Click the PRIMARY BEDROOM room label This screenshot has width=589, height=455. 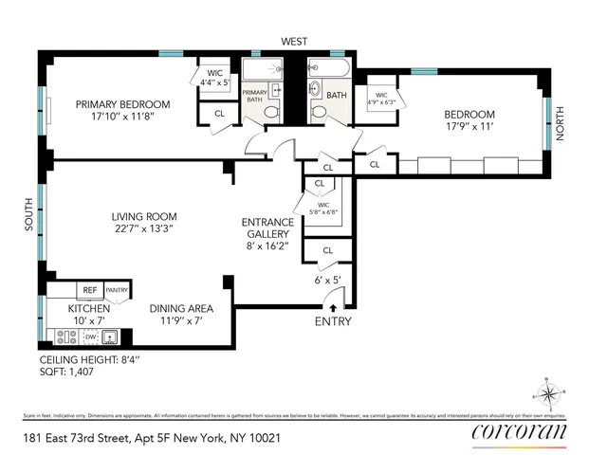(x=123, y=104)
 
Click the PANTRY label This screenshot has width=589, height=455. (x=117, y=291)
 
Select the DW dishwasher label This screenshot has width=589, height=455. (x=90, y=337)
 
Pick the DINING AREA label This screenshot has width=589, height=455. (x=180, y=309)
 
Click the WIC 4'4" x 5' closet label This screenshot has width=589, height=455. (x=212, y=78)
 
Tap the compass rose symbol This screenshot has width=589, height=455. (x=547, y=391)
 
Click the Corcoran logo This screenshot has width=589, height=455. (x=519, y=434)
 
